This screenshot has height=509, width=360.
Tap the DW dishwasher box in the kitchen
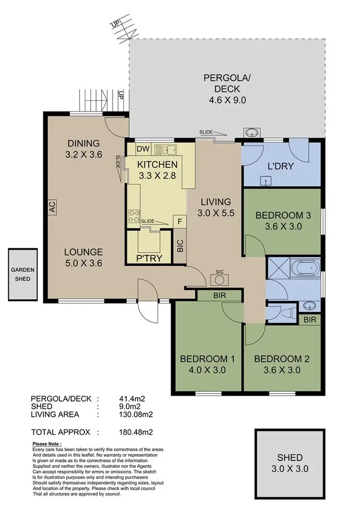pyautogui.click(x=143, y=149)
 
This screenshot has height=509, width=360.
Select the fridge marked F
pyautogui.click(x=180, y=222)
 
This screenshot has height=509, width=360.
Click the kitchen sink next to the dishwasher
pyautogui.click(x=168, y=149)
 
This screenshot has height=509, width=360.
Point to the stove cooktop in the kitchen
pyautogui.click(x=133, y=217)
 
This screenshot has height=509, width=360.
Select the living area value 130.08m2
pyautogui.click(x=136, y=415)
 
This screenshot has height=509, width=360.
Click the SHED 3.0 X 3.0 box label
pyautogui.click(x=290, y=463)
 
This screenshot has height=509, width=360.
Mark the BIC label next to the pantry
pyautogui.click(x=180, y=246)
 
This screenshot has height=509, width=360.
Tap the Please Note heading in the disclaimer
pyautogui.click(x=47, y=444)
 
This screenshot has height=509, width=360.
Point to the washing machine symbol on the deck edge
pyautogui.click(x=250, y=133)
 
